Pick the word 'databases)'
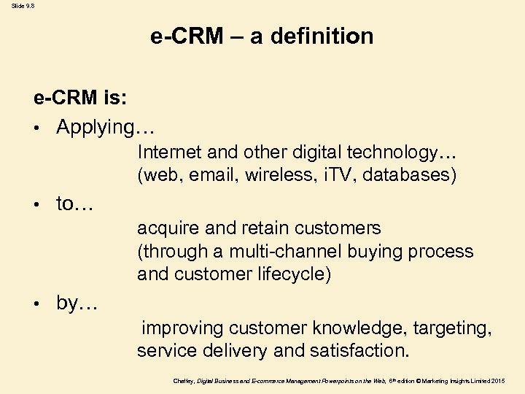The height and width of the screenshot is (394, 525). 411,174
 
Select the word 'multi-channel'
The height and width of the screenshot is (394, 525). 285,252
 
